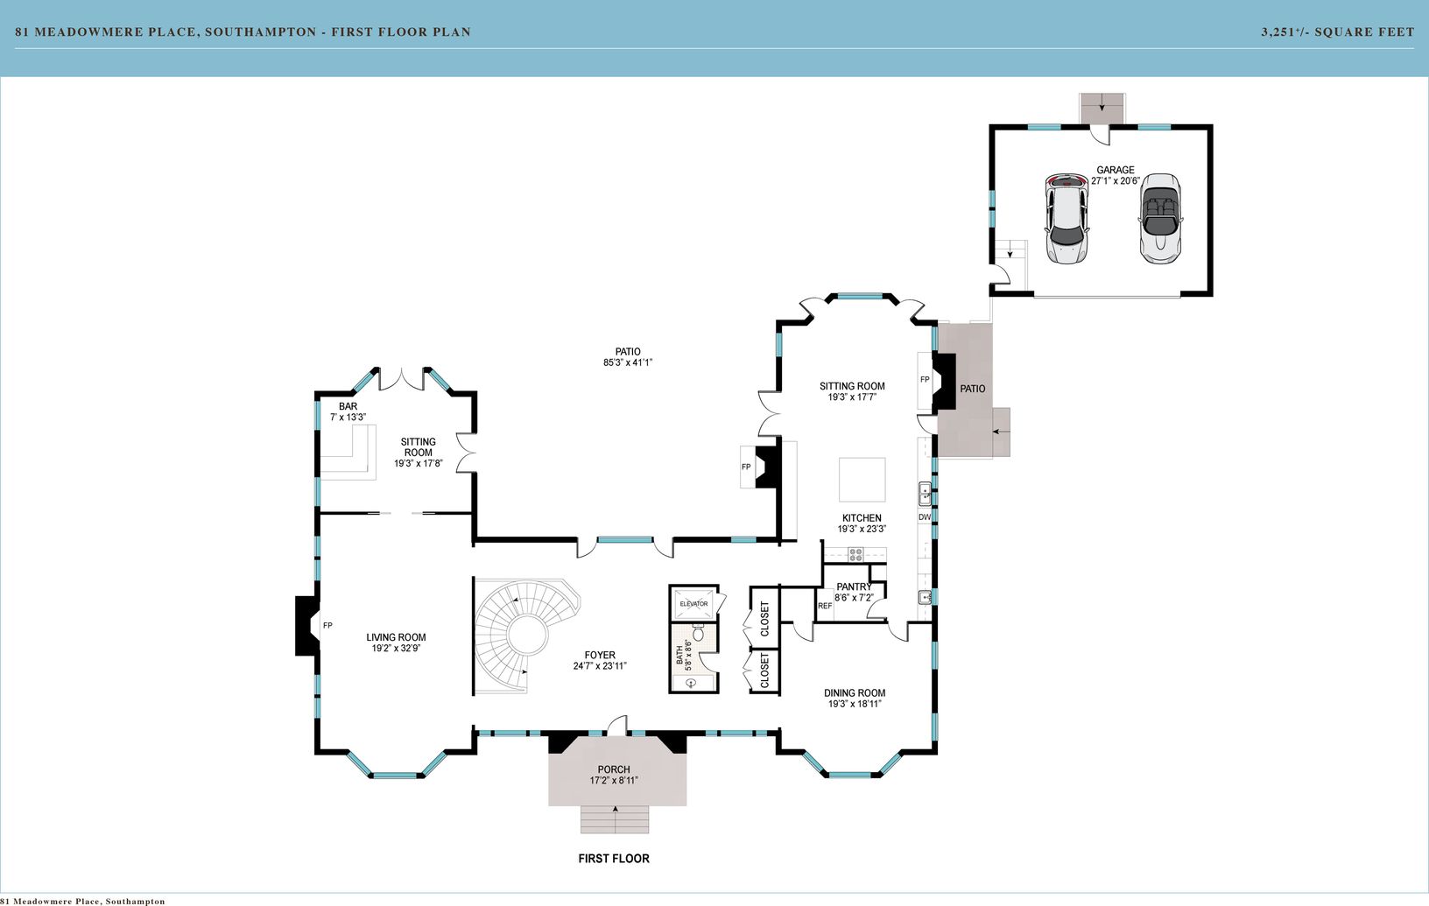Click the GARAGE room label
click(1116, 170)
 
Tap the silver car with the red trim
click(1066, 218)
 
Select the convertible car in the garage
click(1160, 218)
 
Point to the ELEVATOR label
click(693, 604)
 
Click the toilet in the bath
click(698, 633)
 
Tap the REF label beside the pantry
click(825, 606)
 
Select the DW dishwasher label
click(925, 517)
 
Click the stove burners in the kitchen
click(855, 555)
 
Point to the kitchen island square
click(862, 480)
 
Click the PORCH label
click(614, 769)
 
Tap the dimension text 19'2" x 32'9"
click(396, 649)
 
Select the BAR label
click(348, 406)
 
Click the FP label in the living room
click(327, 626)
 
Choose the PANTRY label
click(854, 586)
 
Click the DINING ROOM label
click(855, 693)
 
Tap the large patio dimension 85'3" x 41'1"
click(628, 362)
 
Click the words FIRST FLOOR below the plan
click(614, 859)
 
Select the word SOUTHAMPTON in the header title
click(261, 32)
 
